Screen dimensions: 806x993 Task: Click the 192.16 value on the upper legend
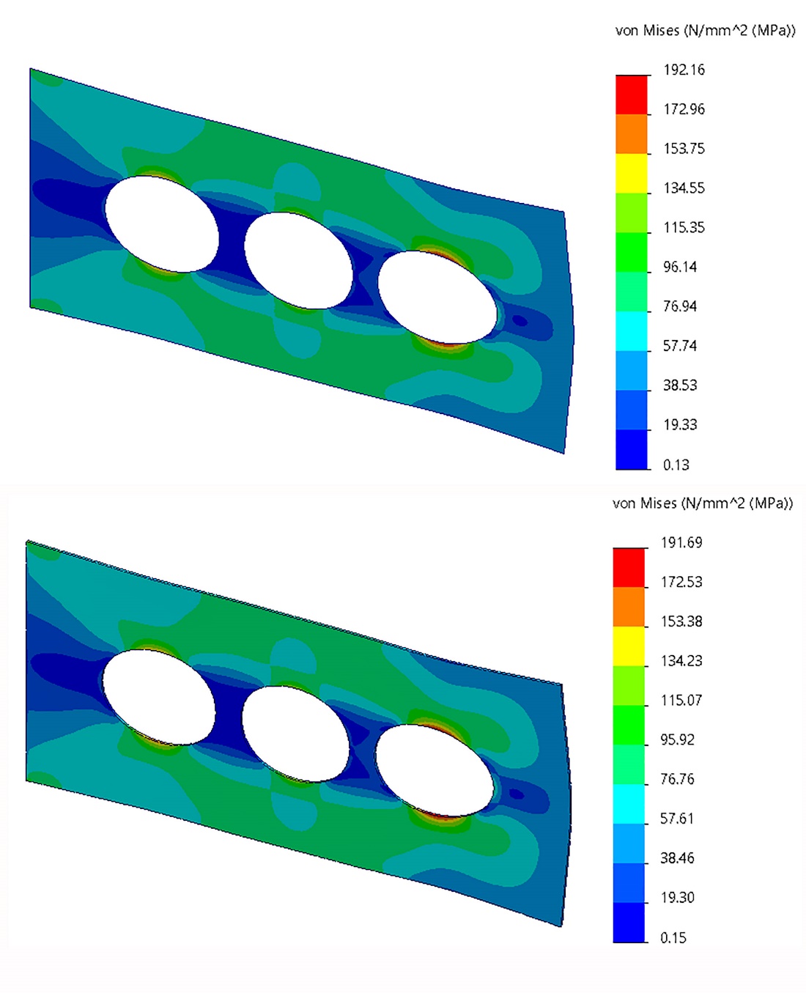tap(684, 70)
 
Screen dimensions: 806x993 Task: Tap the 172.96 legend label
tap(684, 109)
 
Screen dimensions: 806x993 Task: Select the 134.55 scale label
tap(684, 188)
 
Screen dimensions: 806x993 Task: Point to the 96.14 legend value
tap(680, 267)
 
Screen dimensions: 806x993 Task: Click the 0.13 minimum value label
tap(676, 465)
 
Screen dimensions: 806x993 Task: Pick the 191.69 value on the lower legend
tap(681, 542)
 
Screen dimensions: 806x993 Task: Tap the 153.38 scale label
tap(681, 621)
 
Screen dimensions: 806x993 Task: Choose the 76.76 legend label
tap(677, 778)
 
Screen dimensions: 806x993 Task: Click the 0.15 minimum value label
tap(673, 937)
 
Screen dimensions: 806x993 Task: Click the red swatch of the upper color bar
tap(632, 95)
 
